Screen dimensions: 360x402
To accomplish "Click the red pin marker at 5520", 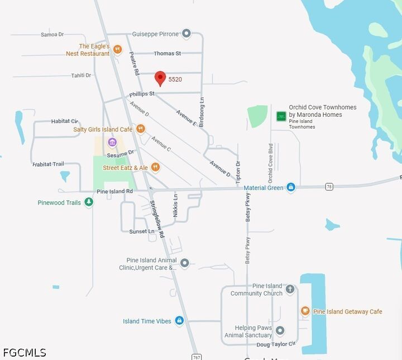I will (160, 78).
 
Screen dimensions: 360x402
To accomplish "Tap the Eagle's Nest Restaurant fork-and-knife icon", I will (117, 50).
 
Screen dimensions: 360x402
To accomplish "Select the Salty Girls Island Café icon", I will (141, 129).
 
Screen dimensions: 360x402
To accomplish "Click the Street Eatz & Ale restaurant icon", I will (156, 167).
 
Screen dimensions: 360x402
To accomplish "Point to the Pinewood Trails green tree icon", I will (89, 202).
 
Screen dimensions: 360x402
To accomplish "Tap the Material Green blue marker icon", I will (291, 187).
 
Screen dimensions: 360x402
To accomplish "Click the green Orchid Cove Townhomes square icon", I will (281, 116).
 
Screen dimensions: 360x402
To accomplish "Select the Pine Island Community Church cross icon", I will (290, 289).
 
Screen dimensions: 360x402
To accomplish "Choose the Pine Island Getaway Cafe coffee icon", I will (305, 311).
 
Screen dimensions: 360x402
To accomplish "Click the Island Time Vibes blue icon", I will (179, 320).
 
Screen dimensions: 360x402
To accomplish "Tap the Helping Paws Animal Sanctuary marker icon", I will (280, 330).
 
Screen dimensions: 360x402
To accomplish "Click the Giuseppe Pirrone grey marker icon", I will (186, 34).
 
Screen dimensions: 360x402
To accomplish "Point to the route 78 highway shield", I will (329, 186).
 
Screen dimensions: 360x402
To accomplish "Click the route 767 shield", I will (196, 357).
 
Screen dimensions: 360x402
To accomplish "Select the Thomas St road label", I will (167, 54).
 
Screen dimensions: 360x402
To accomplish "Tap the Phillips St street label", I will (142, 94).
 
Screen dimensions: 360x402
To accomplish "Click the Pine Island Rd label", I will (114, 191).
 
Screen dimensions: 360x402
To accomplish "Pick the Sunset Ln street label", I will (142, 231).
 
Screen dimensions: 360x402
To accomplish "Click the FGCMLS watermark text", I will (23, 353).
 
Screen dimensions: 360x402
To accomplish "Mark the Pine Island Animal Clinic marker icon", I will (185, 263).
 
